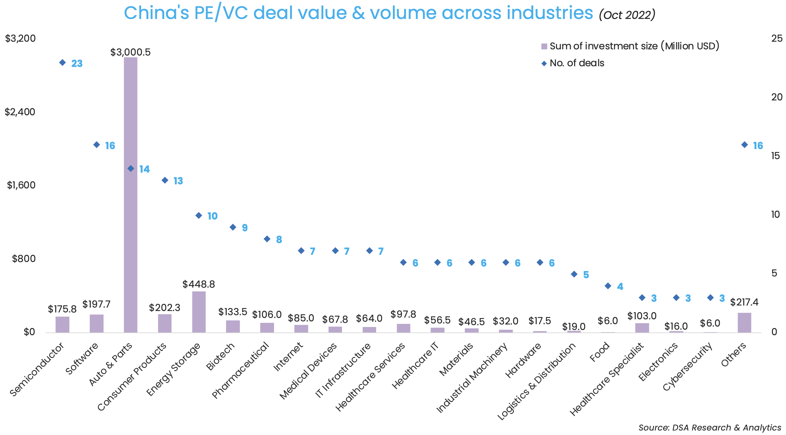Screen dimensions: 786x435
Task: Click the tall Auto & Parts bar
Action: [x=130, y=195]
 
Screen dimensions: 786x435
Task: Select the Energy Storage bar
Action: [x=199, y=312]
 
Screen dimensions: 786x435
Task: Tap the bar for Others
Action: [x=744, y=322]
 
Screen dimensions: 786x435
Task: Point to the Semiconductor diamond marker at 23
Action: [x=62, y=62]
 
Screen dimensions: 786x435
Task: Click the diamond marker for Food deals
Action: [x=608, y=286]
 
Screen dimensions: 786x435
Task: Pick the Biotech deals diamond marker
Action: [x=233, y=227]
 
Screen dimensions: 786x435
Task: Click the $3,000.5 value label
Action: [x=130, y=52]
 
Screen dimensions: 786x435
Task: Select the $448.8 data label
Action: [x=199, y=284]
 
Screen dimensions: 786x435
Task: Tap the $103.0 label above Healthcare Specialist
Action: [x=642, y=316]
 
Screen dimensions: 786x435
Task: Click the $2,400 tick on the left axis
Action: [x=20, y=112]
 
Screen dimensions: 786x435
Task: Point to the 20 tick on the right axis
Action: [x=777, y=97]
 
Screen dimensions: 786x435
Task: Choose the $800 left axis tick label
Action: [x=24, y=259]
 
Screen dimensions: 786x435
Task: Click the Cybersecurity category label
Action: [x=688, y=367]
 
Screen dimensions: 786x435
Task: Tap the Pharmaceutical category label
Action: [x=240, y=370]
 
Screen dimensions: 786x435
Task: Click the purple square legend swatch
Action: [x=544, y=46]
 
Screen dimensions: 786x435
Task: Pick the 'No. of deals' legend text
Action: [x=577, y=63]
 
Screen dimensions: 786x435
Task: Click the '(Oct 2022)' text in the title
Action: [x=627, y=15]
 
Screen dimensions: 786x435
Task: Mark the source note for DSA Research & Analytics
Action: [x=710, y=427]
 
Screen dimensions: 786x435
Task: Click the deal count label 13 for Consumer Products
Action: [x=178, y=181]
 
